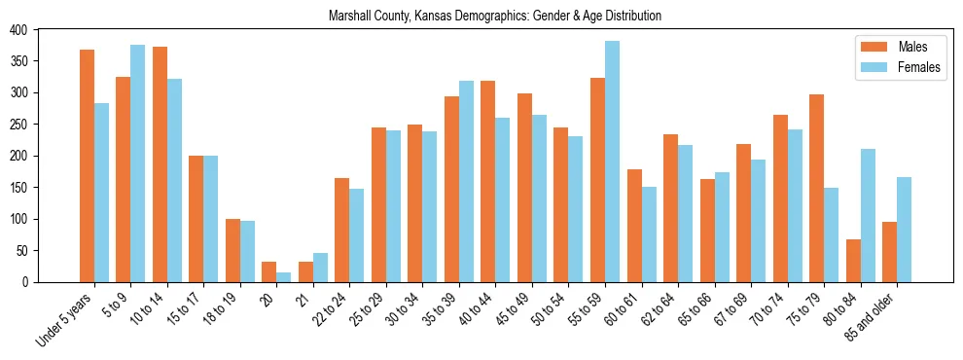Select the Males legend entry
(x=899, y=47)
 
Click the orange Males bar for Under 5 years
(x=87, y=165)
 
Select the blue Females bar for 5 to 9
(x=138, y=163)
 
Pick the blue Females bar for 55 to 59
(x=612, y=162)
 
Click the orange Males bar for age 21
(x=305, y=271)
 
